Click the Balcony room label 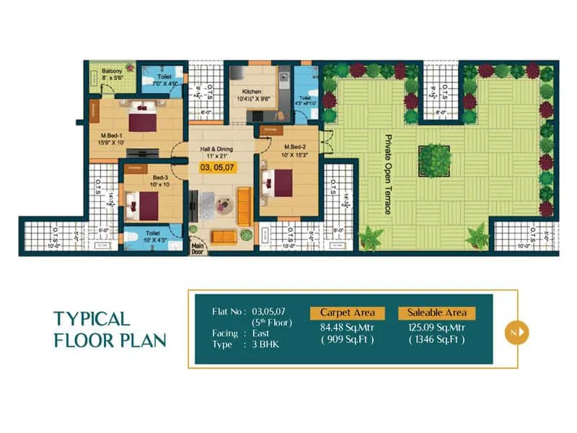click(x=112, y=71)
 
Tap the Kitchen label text click(x=252, y=92)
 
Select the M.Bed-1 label click(x=112, y=138)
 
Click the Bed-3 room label click(x=160, y=177)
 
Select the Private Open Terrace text click(x=387, y=174)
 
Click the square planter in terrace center click(x=434, y=157)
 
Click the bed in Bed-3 click(x=138, y=204)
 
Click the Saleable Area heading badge click(x=436, y=312)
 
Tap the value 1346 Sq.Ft click(x=436, y=338)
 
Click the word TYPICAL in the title click(x=92, y=319)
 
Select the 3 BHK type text click(x=265, y=345)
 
